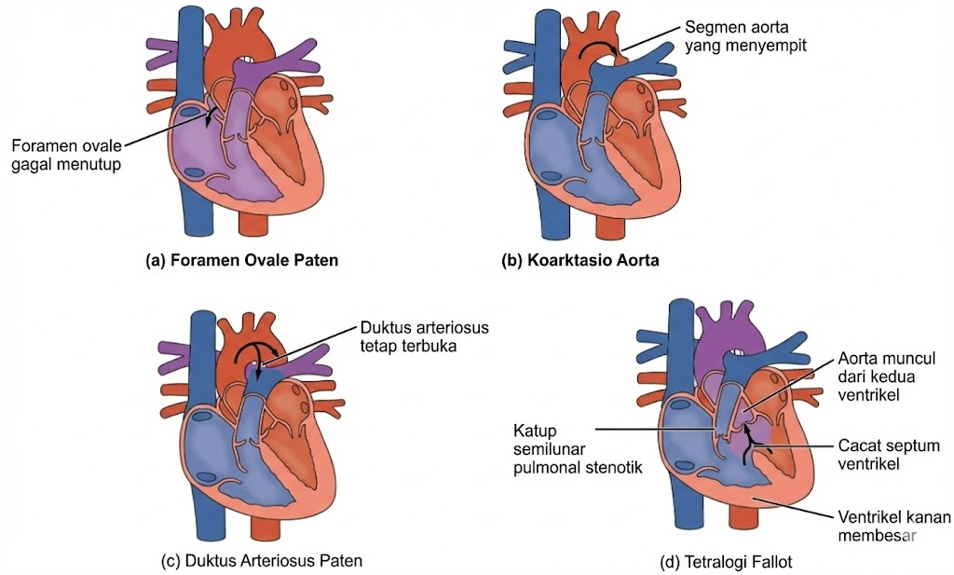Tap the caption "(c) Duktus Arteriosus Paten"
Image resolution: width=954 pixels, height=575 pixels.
261,560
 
